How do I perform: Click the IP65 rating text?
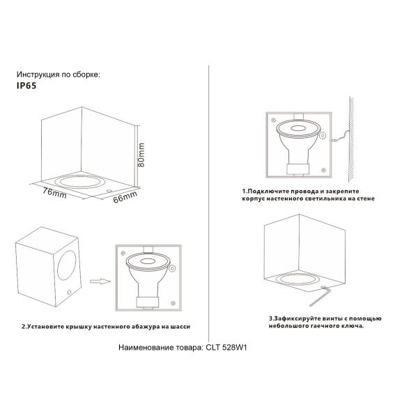pyautogui.click(x=26, y=88)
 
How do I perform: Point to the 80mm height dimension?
pyautogui.click(x=142, y=151)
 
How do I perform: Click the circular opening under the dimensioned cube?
pyautogui.click(x=79, y=183)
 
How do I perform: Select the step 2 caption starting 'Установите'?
pyautogui.click(x=105, y=326)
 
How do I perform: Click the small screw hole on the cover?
pyautogui.click(x=70, y=291)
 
